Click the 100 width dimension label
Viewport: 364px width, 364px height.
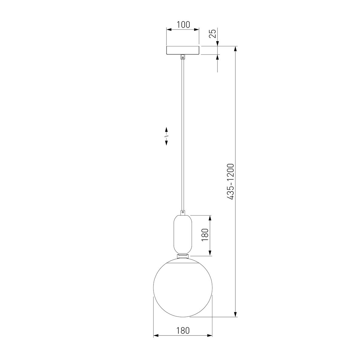coord(183,25)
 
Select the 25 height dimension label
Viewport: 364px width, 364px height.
coord(213,34)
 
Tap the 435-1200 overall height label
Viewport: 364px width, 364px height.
coord(231,181)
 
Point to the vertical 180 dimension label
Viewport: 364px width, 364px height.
coord(205,235)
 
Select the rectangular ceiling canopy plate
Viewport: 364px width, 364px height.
coord(183,50)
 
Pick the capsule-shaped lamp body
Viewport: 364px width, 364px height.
coord(183,234)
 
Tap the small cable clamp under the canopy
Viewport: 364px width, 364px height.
coord(183,57)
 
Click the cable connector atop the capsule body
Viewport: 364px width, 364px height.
coord(183,213)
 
